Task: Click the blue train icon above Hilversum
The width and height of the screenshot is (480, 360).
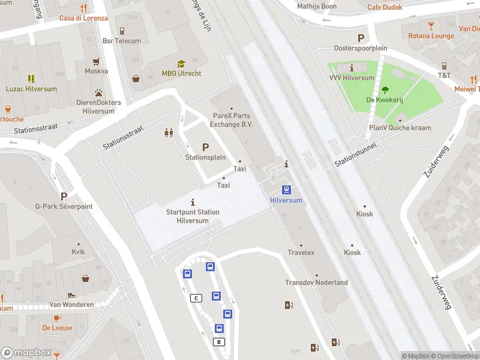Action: pos(287,190)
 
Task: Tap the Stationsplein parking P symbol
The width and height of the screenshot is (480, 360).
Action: pos(205,147)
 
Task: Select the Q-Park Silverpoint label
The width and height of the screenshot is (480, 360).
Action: pos(64,206)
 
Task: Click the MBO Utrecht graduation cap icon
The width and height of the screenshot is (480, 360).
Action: pos(181,64)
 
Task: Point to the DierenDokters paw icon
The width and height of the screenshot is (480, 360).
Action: pos(98,93)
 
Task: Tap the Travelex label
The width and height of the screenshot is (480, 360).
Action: pos(301,253)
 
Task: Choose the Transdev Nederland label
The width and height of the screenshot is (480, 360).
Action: pos(316,283)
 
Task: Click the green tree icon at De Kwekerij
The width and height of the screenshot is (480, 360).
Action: pos(385,91)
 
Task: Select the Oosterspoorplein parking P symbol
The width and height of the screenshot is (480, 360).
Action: pos(361,38)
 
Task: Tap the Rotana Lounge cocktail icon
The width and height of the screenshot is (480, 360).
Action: pos(431,26)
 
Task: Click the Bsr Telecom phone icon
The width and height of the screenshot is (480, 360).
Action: pos(122,31)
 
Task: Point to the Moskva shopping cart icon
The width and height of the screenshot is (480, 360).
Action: pos(96,61)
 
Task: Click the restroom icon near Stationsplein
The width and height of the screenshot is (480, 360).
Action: pos(169,133)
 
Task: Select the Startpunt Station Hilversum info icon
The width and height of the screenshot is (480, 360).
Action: pos(193,202)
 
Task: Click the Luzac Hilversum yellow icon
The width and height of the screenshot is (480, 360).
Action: pos(31,79)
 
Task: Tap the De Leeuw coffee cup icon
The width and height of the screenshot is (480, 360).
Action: pos(57,318)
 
